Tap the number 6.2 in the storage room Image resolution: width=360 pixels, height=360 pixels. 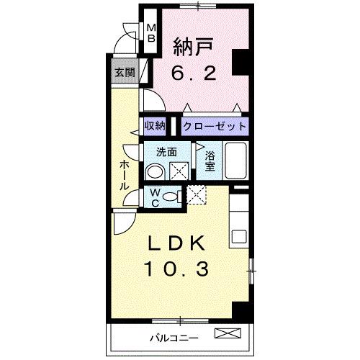[x=197, y=73]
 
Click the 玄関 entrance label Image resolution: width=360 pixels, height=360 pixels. [x=123, y=72]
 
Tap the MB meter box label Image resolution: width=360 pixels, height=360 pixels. [x=152, y=32]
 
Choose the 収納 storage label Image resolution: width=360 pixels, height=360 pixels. [x=155, y=126]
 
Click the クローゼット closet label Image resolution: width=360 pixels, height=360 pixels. [x=214, y=126]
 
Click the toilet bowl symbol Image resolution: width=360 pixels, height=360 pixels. [x=171, y=197]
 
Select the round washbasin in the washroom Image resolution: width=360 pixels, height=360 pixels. [x=153, y=171]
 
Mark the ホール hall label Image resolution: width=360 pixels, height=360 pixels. [x=124, y=174]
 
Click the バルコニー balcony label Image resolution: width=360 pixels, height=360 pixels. [x=174, y=335]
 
